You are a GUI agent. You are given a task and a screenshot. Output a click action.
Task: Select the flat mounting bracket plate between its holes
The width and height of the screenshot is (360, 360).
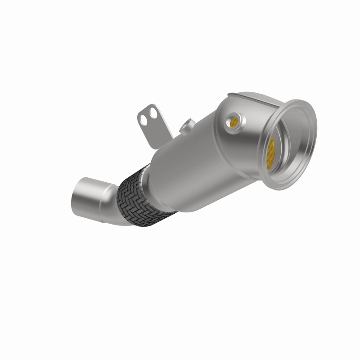pos(149,115)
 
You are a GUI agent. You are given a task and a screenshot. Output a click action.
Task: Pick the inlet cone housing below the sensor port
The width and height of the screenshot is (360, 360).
pos(238,148)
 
